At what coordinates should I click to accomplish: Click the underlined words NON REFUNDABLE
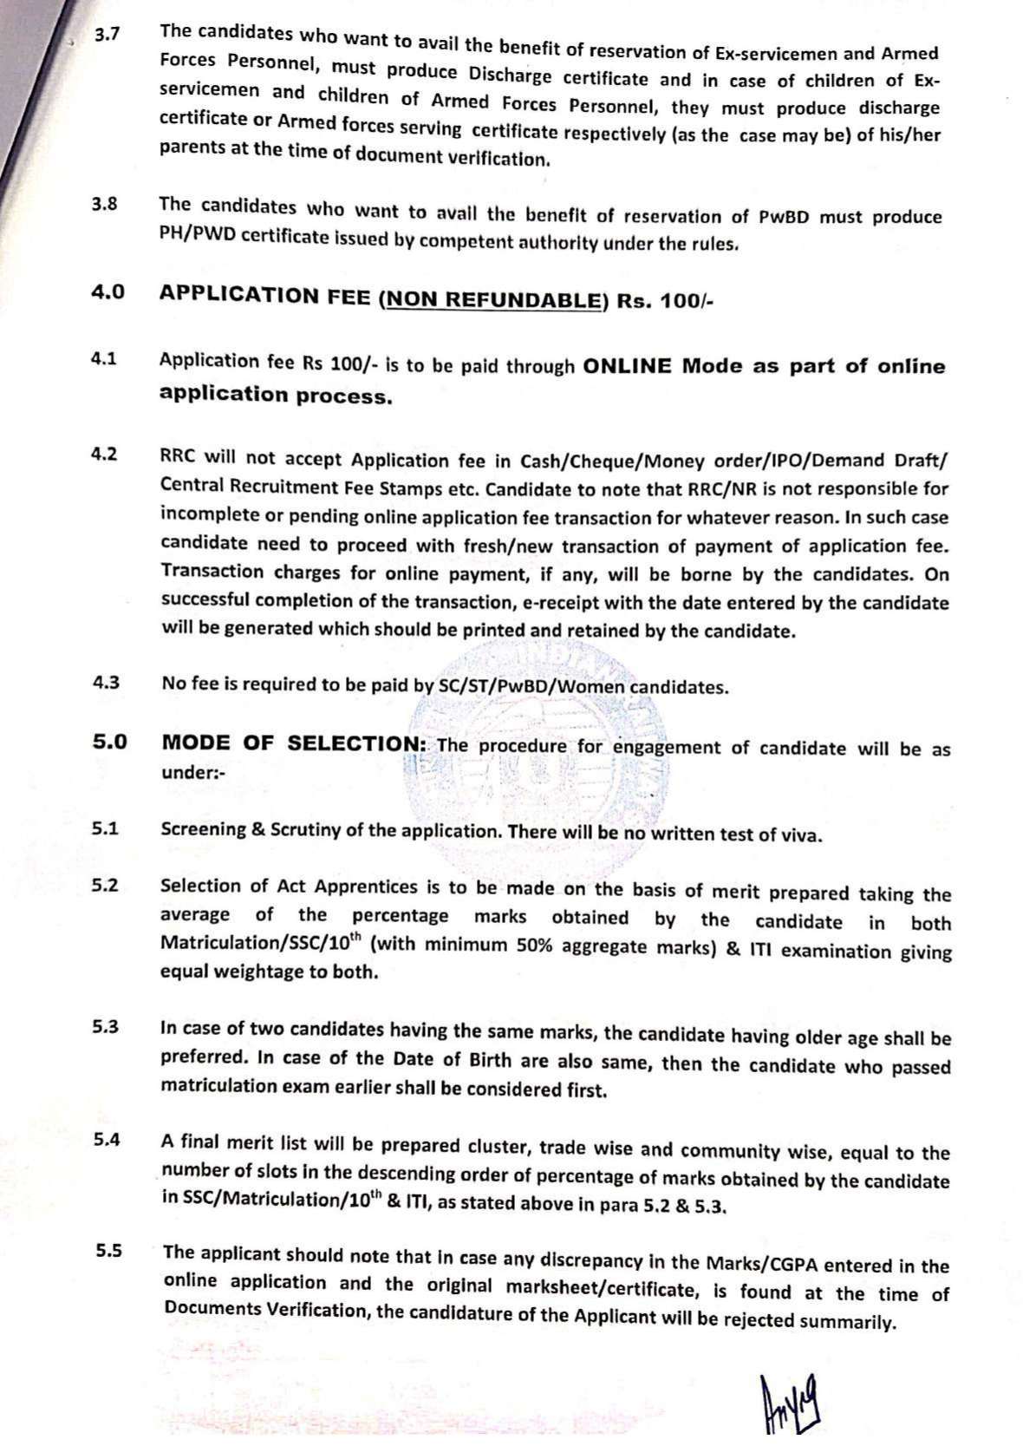tap(492, 298)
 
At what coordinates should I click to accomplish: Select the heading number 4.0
tap(108, 292)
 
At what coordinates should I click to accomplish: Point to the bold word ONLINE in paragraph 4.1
tap(629, 365)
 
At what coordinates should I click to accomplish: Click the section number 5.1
tap(106, 828)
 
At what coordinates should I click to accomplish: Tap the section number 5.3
tap(106, 1027)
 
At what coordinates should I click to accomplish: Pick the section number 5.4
tap(107, 1140)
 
